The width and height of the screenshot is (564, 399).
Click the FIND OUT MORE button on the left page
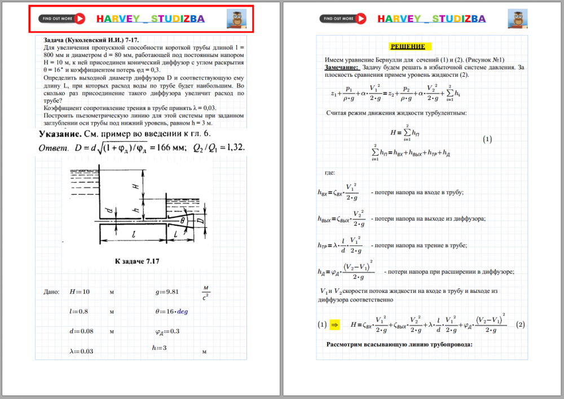click(62, 19)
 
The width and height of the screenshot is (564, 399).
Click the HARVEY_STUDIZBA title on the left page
click(151, 19)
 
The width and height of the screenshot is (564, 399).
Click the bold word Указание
click(59, 134)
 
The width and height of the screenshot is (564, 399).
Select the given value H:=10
click(80, 292)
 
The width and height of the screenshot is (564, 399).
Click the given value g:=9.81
click(167, 292)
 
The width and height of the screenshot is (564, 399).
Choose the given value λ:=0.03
click(82, 351)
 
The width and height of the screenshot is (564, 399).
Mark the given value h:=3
click(159, 348)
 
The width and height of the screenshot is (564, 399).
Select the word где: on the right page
click(330, 173)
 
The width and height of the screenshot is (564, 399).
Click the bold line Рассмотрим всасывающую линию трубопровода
click(399, 344)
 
